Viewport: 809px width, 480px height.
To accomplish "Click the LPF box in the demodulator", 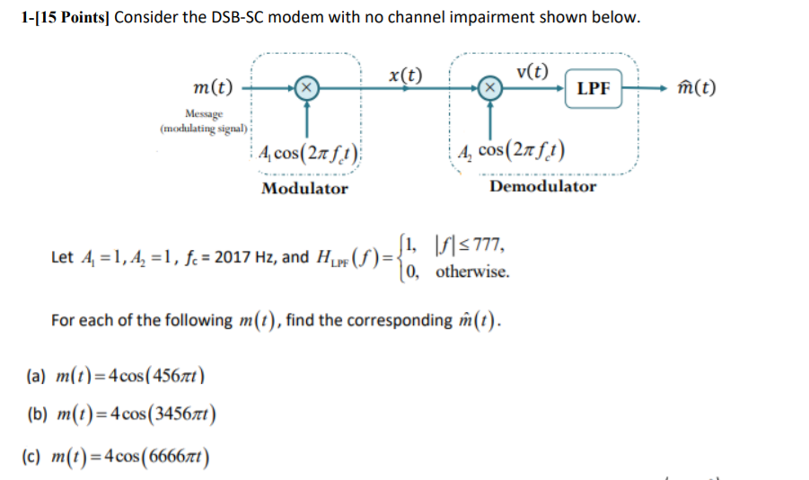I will click(593, 88).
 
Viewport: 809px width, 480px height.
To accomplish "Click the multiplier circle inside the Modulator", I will click(307, 87).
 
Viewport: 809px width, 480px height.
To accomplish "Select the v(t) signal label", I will click(533, 72).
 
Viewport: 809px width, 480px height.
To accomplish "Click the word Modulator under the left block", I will click(304, 189).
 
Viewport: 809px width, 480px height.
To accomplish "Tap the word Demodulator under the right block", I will click(542, 187).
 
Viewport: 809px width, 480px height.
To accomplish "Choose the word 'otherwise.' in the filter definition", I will click(472, 271).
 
